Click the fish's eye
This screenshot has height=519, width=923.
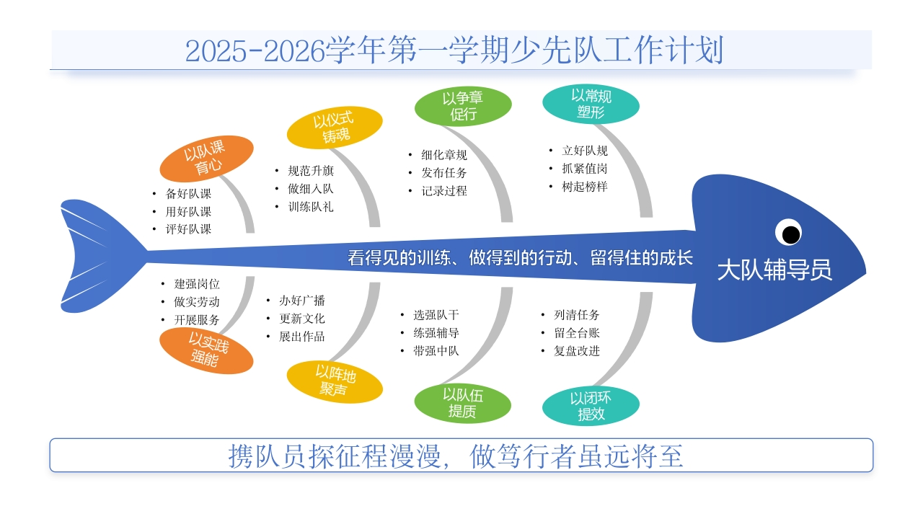point(790,233)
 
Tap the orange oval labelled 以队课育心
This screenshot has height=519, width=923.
point(206,159)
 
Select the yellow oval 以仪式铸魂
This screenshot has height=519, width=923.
point(335,128)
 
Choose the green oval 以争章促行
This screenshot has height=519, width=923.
point(462,105)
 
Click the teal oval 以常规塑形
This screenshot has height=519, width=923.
point(591,104)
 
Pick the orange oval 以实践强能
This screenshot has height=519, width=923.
point(206,350)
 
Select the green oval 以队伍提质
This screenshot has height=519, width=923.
point(462,403)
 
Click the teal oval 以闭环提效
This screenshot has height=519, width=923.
point(591,406)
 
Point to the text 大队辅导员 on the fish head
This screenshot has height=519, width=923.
point(774,270)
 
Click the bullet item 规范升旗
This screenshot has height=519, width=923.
point(311,171)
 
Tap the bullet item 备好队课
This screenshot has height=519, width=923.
point(188,194)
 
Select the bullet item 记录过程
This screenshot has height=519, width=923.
point(444,191)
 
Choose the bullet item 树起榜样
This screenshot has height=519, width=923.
point(585,187)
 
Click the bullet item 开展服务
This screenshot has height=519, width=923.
point(197,320)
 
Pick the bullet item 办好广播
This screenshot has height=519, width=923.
point(302,301)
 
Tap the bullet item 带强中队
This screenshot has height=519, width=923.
point(436,351)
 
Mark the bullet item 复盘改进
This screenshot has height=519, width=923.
point(576,351)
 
